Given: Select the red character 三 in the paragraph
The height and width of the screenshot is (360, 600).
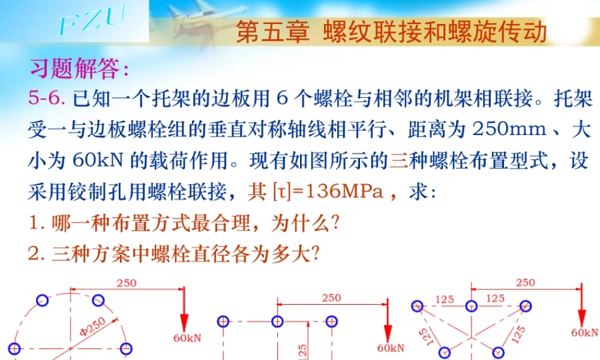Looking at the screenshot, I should tap(398, 160).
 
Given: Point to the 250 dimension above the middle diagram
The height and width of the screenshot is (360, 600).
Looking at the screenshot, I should tap(331, 298).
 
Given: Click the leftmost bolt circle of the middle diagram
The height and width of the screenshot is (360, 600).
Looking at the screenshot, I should tap(223, 322).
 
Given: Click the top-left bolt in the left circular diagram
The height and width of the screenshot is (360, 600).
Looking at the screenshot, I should tap(42, 300).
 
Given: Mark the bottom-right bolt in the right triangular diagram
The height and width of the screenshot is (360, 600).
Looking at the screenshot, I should tap(497, 352).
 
